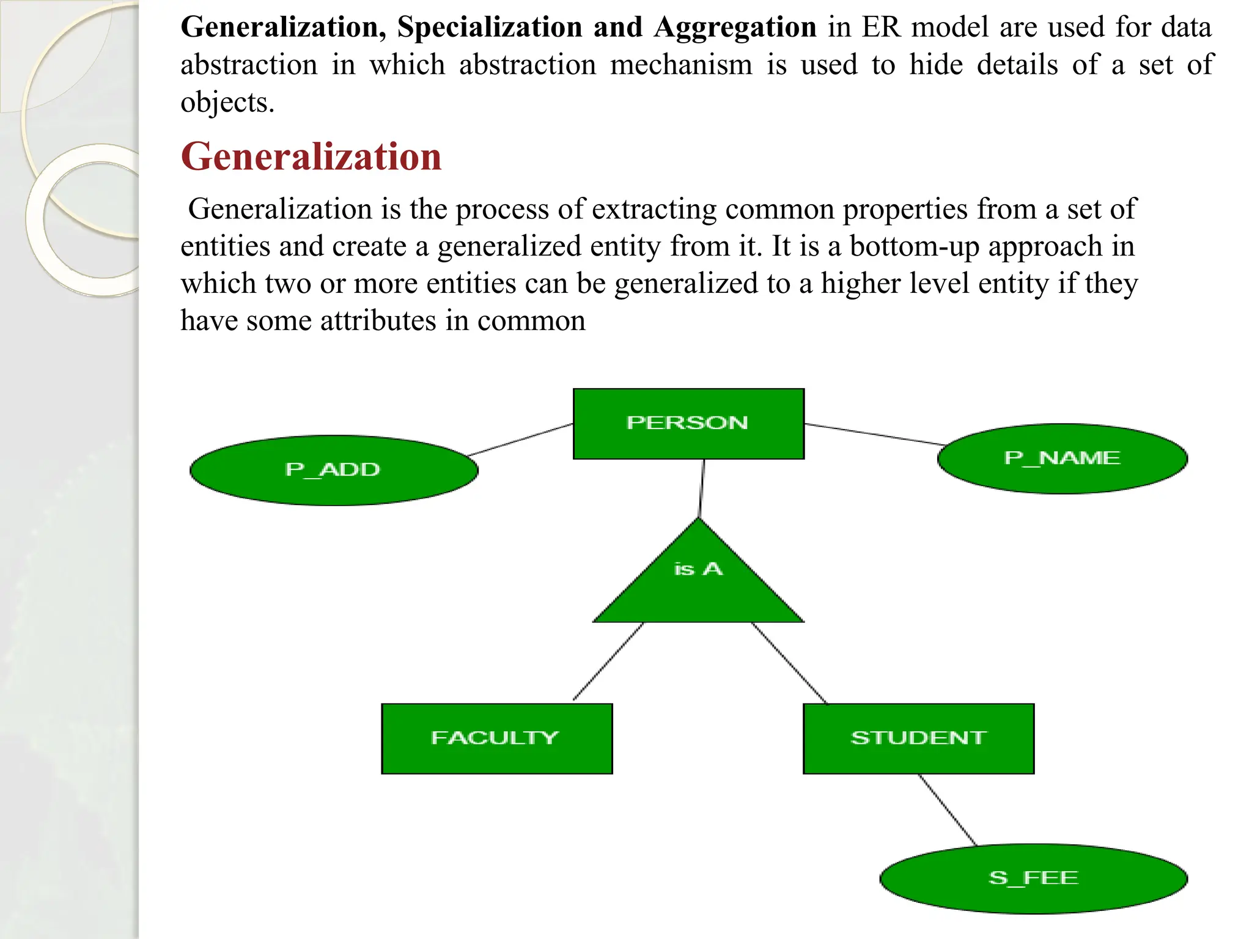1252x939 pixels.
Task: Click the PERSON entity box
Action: [x=688, y=424]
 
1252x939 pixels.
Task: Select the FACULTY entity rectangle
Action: [x=496, y=738]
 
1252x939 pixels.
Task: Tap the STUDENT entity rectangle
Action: [x=918, y=738]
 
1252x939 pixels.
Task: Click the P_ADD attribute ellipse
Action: [x=334, y=470]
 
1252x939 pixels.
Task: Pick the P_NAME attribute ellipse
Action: [x=1062, y=458]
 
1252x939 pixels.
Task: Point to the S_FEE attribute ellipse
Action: [x=1033, y=878]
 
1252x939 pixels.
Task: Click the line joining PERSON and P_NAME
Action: [x=874, y=434]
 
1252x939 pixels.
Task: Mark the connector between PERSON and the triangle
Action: [x=702, y=488]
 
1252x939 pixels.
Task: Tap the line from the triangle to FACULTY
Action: [x=608, y=661]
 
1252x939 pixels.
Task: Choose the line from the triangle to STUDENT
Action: [x=789, y=663]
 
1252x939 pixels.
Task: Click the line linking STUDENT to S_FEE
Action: [x=948, y=809]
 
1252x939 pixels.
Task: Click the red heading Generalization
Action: [x=311, y=156]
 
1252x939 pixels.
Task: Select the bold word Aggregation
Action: [x=735, y=28]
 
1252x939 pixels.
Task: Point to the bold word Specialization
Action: [x=489, y=28]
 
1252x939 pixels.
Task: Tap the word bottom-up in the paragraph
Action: [x=915, y=246]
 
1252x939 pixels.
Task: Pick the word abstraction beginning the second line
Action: [x=249, y=65]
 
